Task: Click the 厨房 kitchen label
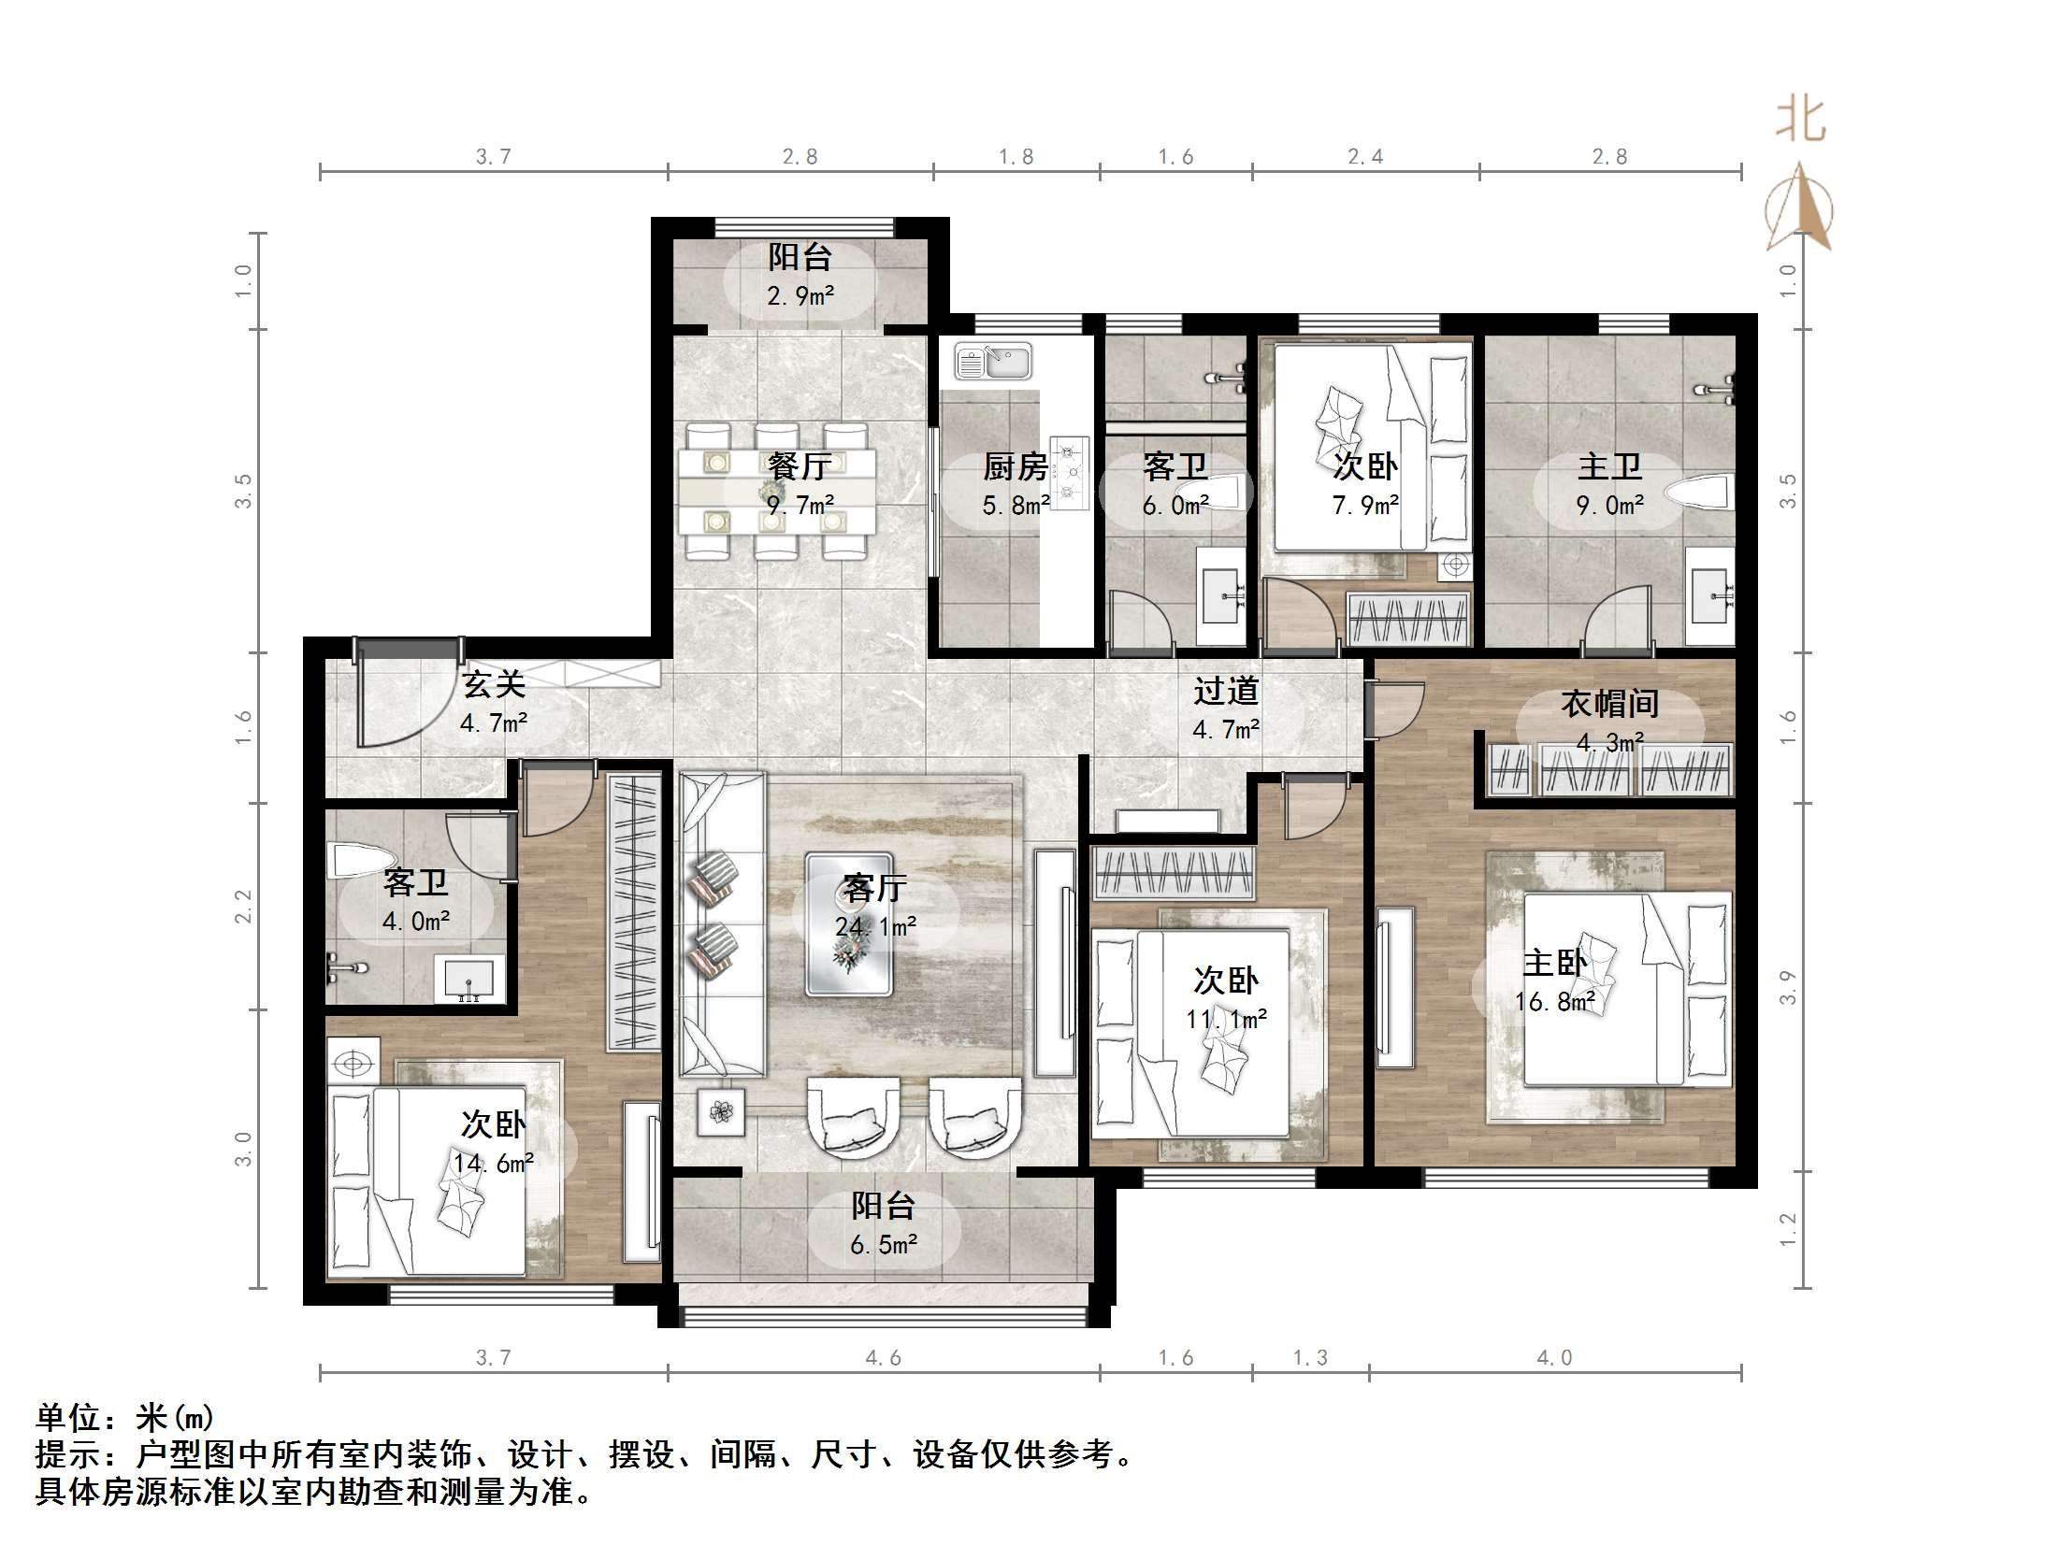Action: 1015,465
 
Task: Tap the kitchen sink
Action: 993,362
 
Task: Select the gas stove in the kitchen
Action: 1070,473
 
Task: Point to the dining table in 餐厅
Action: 776,491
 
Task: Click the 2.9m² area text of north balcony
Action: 800,296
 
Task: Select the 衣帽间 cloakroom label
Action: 1609,703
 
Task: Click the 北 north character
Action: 1800,121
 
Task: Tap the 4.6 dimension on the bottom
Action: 883,1357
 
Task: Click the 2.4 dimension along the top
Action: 1365,156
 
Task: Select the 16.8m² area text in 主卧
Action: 1554,1002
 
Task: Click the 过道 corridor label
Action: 1226,691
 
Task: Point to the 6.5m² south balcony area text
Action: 884,1245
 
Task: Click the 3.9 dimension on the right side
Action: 1787,987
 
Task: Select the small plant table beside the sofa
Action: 721,1112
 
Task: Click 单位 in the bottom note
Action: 68,1417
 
